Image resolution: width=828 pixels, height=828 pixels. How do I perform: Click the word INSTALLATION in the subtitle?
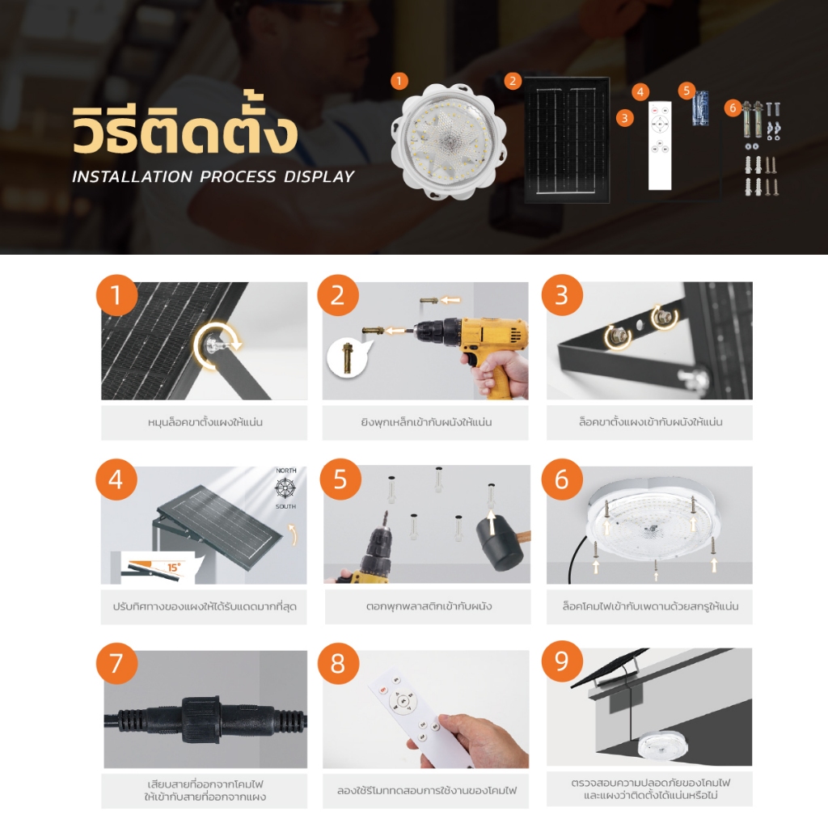pyautogui.click(x=132, y=176)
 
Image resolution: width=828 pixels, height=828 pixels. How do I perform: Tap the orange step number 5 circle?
pyautogui.click(x=340, y=479)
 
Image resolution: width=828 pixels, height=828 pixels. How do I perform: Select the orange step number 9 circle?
pyautogui.click(x=562, y=661)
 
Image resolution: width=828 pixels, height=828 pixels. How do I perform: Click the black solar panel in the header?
pyautogui.click(x=567, y=139)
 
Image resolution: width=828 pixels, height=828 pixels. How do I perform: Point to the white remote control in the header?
pyautogui.click(x=660, y=146)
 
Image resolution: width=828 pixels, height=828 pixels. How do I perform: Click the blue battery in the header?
pyautogui.click(x=700, y=108)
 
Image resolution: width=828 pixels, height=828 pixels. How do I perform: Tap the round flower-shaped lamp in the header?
pyautogui.click(x=449, y=142)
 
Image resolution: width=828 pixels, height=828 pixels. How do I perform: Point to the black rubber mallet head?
pyautogui.click(x=499, y=544)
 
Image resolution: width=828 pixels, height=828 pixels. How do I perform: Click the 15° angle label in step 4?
pyautogui.click(x=174, y=567)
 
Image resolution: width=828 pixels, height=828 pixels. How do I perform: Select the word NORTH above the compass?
pyautogui.click(x=286, y=471)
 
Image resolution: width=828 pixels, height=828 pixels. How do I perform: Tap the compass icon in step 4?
pyautogui.click(x=285, y=488)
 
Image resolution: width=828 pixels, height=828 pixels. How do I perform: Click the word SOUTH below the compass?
pyautogui.click(x=285, y=506)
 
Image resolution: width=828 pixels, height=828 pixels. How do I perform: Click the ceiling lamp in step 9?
pyautogui.click(x=659, y=744)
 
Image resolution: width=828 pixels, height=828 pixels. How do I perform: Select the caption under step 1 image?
pyautogui.click(x=205, y=422)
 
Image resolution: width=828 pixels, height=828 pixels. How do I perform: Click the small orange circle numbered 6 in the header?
pyautogui.click(x=733, y=108)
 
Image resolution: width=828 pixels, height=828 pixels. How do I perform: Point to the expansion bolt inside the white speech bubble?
pyautogui.click(x=348, y=358)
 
